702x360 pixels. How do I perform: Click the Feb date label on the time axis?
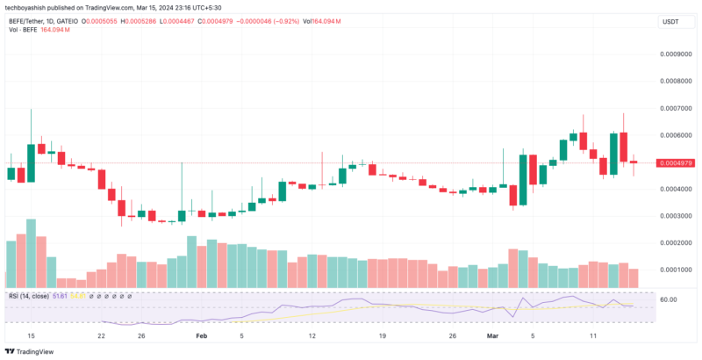[x=201, y=335]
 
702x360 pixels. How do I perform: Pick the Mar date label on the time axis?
[x=493, y=335]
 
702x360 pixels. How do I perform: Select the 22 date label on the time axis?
[x=102, y=335]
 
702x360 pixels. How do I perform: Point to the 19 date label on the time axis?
[x=382, y=335]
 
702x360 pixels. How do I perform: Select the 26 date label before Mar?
[x=452, y=335]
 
